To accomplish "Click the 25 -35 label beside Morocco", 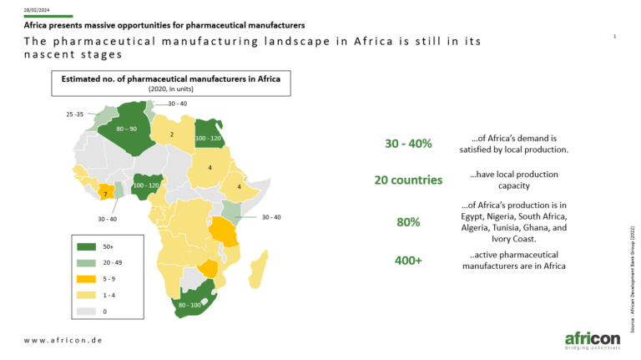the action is coord(75,114).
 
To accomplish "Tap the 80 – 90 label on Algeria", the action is coord(126,129).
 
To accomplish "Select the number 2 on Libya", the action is coord(172,134).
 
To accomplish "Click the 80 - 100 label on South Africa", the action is coord(189,305).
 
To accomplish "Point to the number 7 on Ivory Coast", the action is coord(105,194).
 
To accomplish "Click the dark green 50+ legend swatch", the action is coord(86,246).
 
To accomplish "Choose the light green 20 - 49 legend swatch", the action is coord(86,262).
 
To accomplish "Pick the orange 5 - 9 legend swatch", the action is coord(86,279).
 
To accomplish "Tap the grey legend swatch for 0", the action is coord(86,312).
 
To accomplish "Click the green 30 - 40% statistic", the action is coord(408,144).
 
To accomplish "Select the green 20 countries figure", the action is coord(408,180).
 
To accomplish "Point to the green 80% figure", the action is coord(408,222).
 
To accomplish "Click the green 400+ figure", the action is coord(408,260).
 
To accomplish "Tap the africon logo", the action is coord(593,340).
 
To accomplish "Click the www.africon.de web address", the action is coord(63,340).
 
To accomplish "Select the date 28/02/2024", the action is coord(37,10).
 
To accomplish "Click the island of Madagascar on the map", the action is coord(259,269).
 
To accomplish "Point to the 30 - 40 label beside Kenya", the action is coord(271,217).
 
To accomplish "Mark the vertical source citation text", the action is coord(633,279).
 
